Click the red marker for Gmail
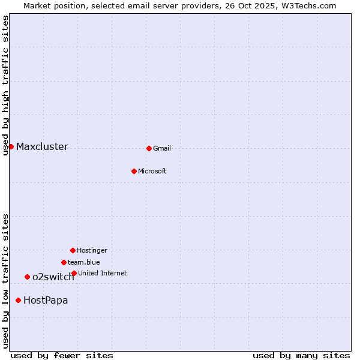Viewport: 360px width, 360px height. coord(149,148)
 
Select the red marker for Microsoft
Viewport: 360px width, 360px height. coord(134,171)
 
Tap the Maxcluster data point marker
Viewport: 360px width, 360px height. coord(11,146)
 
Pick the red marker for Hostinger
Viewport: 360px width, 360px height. coord(73,250)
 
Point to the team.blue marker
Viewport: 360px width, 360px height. coord(64,262)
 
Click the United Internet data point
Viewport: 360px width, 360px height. coord(74,273)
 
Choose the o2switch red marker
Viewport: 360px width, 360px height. coord(27,277)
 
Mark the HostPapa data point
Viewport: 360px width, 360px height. coord(18,300)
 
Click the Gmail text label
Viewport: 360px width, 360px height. coord(162,148)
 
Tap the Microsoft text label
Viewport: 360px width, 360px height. coord(152,171)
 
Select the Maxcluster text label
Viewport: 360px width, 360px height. coord(42,146)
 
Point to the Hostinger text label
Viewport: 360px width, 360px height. coord(92,250)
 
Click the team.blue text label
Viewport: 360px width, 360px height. coord(84,262)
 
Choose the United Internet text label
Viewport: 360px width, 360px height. coord(103,273)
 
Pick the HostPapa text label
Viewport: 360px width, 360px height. coord(46,300)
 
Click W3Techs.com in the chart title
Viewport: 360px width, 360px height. coord(308,5)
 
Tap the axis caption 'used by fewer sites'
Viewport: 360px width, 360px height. coord(62,355)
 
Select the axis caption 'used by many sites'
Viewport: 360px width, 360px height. coord(301,355)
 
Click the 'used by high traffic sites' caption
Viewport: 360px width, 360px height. coord(5,85)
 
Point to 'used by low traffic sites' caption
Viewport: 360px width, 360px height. coord(5,281)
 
